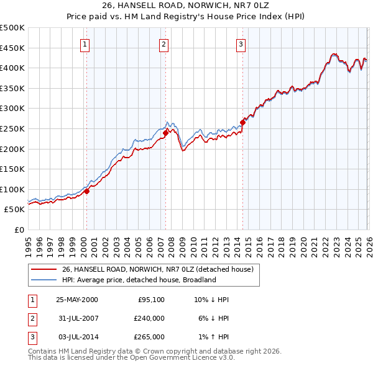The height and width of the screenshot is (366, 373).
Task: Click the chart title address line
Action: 186,6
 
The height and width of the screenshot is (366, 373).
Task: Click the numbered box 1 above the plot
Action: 85,44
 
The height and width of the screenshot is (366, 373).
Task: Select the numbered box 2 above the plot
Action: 163,44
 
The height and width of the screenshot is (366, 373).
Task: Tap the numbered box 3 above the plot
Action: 241,44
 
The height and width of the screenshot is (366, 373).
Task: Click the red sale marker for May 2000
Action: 87,191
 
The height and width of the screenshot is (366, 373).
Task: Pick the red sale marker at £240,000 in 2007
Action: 166,132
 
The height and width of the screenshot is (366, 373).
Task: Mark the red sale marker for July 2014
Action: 242,122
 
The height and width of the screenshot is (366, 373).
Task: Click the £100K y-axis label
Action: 12,189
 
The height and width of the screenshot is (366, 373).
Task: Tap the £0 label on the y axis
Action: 19,230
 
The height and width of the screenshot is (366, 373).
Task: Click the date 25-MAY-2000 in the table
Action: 77,300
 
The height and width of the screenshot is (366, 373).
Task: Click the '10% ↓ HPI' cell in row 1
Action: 211,300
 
